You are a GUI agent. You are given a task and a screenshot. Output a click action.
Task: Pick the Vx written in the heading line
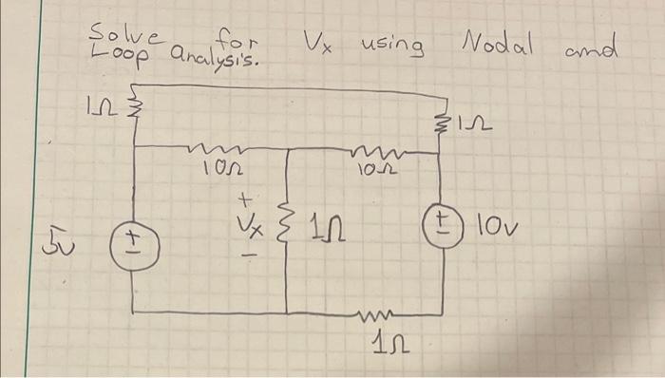[x=317, y=42]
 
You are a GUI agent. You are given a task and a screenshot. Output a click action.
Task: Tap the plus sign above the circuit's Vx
[x=244, y=200]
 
